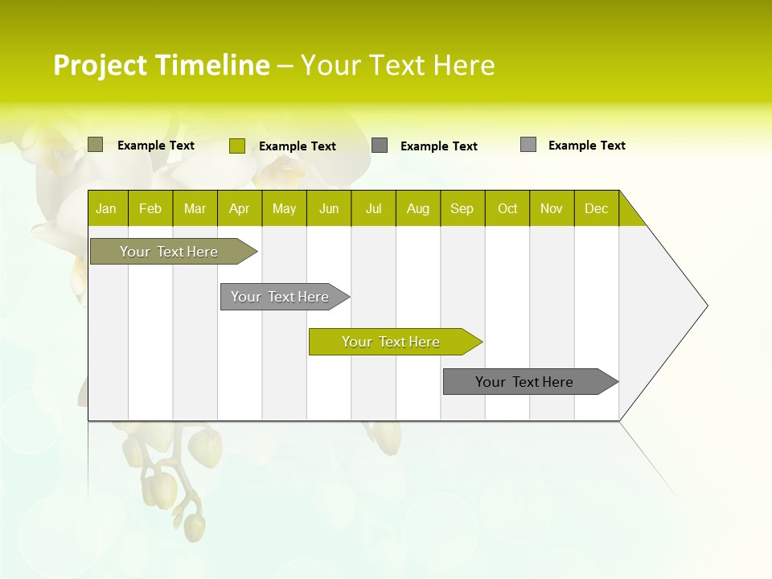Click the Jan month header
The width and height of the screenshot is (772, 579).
click(x=107, y=208)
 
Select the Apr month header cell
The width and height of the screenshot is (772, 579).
click(x=240, y=208)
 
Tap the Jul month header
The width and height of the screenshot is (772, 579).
click(x=373, y=208)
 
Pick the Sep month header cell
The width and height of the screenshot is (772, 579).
click(x=462, y=208)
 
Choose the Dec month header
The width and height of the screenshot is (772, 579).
click(x=596, y=208)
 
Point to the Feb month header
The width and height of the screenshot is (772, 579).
click(x=150, y=208)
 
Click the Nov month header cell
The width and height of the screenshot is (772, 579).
click(x=552, y=208)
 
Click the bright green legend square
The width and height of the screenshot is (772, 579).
click(x=237, y=146)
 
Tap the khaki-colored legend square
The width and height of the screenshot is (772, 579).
click(x=95, y=145)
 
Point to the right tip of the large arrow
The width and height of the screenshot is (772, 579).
click(x=705, y=306)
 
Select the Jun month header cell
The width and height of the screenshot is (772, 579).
click(x=329, y=208)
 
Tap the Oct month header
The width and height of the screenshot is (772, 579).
click(x=507, y=208)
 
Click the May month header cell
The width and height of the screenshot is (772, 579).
click(x=284, y=208)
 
